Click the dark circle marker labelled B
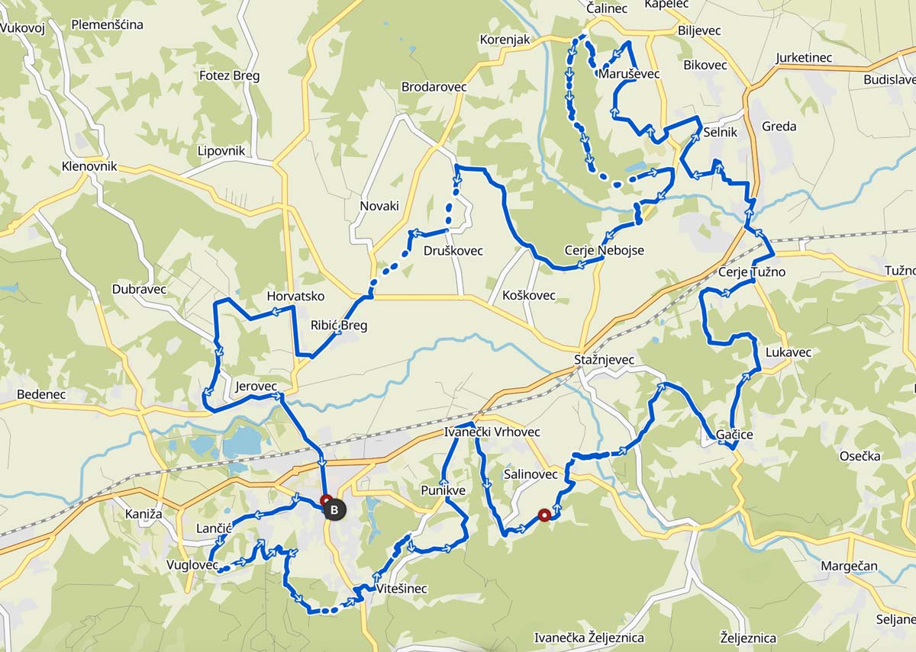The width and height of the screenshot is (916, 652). pyautogui.click(x=334, y=509)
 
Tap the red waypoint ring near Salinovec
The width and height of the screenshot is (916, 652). pyautogui.click(x=544, y=514)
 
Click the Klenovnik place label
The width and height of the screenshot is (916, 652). pyautogui.click(x=91, y=165)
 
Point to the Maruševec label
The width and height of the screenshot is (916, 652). pyautogui.click(x=629, y=74)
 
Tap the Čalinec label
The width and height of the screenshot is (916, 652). pyautogui.click(x=607, y=8)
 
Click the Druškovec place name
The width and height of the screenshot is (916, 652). pyautogui.click(x=453, y=251)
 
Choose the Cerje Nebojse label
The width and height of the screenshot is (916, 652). pyautogui.click(x=604, y=250)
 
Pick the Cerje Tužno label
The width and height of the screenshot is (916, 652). pyautogui.click(x=751, y=271)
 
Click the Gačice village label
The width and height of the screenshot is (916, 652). pyautogui.click(x=734, y=435)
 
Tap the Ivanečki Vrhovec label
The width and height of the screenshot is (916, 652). pyautogui.click(x=492, y=432)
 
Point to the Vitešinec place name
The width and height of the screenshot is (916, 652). pyautogui.click(x=402, y=589)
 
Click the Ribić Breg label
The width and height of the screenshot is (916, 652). pyautogui.click(x=339, y=326)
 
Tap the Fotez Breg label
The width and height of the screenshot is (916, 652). pyautogui.click(x=229, y=75)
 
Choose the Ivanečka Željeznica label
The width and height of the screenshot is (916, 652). pyautogui.click(x=589, y=638)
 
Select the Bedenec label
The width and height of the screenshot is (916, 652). pyautogui.click(x=41, y=394)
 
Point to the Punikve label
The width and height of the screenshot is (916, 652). pyautogui.click(x=443, y=490)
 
